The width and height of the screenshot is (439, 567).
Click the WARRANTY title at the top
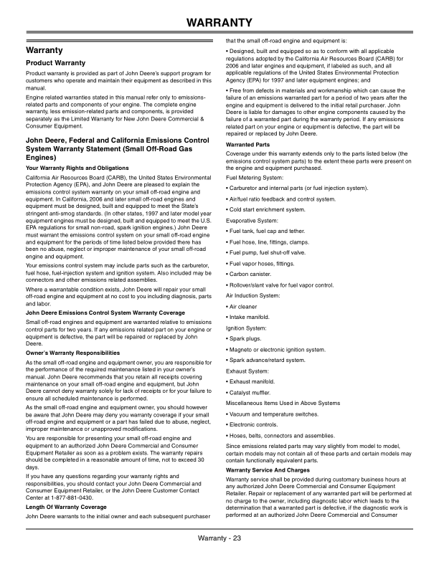point(219,23)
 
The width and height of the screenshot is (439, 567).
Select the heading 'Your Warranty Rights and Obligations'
point(76,168)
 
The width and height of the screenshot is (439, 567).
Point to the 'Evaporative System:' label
point(252,216)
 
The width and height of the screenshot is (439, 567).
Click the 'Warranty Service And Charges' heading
point(265,470)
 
